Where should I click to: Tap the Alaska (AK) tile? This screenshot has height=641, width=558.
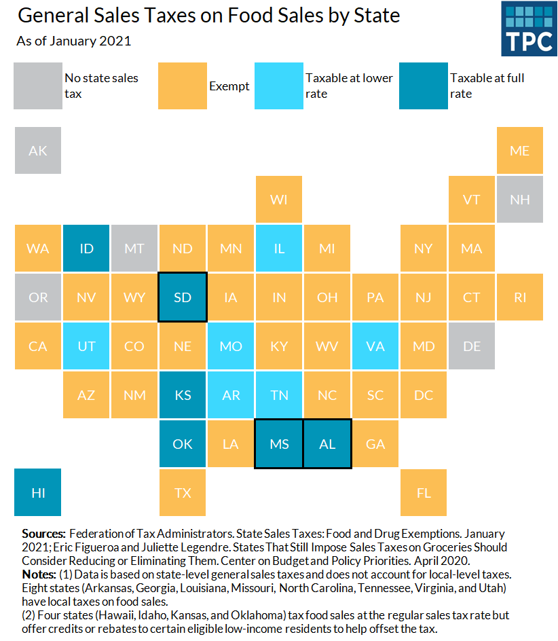click(x=38, y=151)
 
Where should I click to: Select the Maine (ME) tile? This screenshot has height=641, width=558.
click(x=519, y=151)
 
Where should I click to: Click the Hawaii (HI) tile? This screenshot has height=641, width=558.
click(x=38, y=492)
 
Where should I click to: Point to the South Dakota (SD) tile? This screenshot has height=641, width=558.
click(x=183, y=297)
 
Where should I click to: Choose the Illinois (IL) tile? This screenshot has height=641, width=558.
click(x=279, y=249)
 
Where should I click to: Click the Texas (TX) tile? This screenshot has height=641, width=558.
click(x=183, y=492)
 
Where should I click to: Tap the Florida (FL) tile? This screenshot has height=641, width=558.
click(x=424, y=492)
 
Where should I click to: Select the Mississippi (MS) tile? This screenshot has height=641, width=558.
click(x=279, y=444)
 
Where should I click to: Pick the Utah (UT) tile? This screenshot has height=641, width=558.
click(x=86, y=346)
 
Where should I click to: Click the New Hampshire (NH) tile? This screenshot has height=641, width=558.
click(x=519, y=200)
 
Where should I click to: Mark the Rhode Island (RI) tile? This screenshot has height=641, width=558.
click(x=519, y=297)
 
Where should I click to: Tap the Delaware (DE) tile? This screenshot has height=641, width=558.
click(x=472, y=346)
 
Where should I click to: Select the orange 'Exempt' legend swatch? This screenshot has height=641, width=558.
click(x=182, y=86)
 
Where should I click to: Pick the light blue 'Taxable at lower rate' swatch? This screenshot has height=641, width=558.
click(x=278, y=86)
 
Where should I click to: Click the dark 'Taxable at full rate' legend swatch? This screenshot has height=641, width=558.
click(x=423, y=86)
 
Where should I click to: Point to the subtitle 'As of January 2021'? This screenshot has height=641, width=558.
click(x=74, y=41)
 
